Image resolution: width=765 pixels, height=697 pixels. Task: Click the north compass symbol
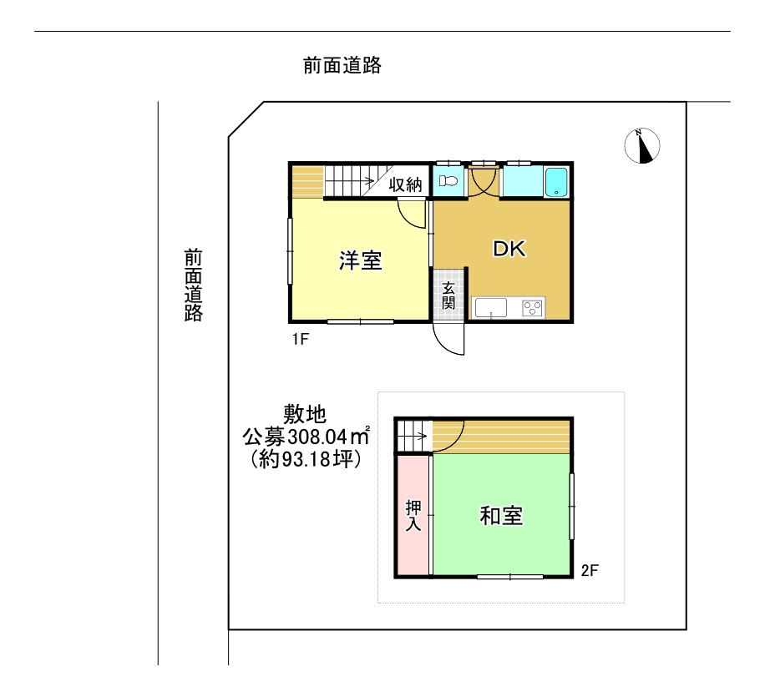pos(642,145)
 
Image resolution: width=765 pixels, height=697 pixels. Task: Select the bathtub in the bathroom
pos(556,182)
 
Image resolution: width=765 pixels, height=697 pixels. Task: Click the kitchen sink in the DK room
pos(491,308)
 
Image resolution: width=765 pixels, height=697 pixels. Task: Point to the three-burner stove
pos(532,308)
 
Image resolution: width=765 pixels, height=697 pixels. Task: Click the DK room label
pos(509,249)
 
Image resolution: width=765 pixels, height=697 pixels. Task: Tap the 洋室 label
pos(360,261)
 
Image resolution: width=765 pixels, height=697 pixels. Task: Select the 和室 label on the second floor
pos(501,516)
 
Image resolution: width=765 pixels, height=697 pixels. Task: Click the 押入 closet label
pos(413,516)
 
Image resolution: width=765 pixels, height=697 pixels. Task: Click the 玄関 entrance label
pos(448,295)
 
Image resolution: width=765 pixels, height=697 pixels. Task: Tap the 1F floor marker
pos(300,338)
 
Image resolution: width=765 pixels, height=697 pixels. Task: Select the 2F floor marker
pos(590,571)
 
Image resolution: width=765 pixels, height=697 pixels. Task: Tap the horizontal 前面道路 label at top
pos(342,65)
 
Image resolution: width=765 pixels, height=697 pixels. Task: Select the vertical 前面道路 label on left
pos(194,285)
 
